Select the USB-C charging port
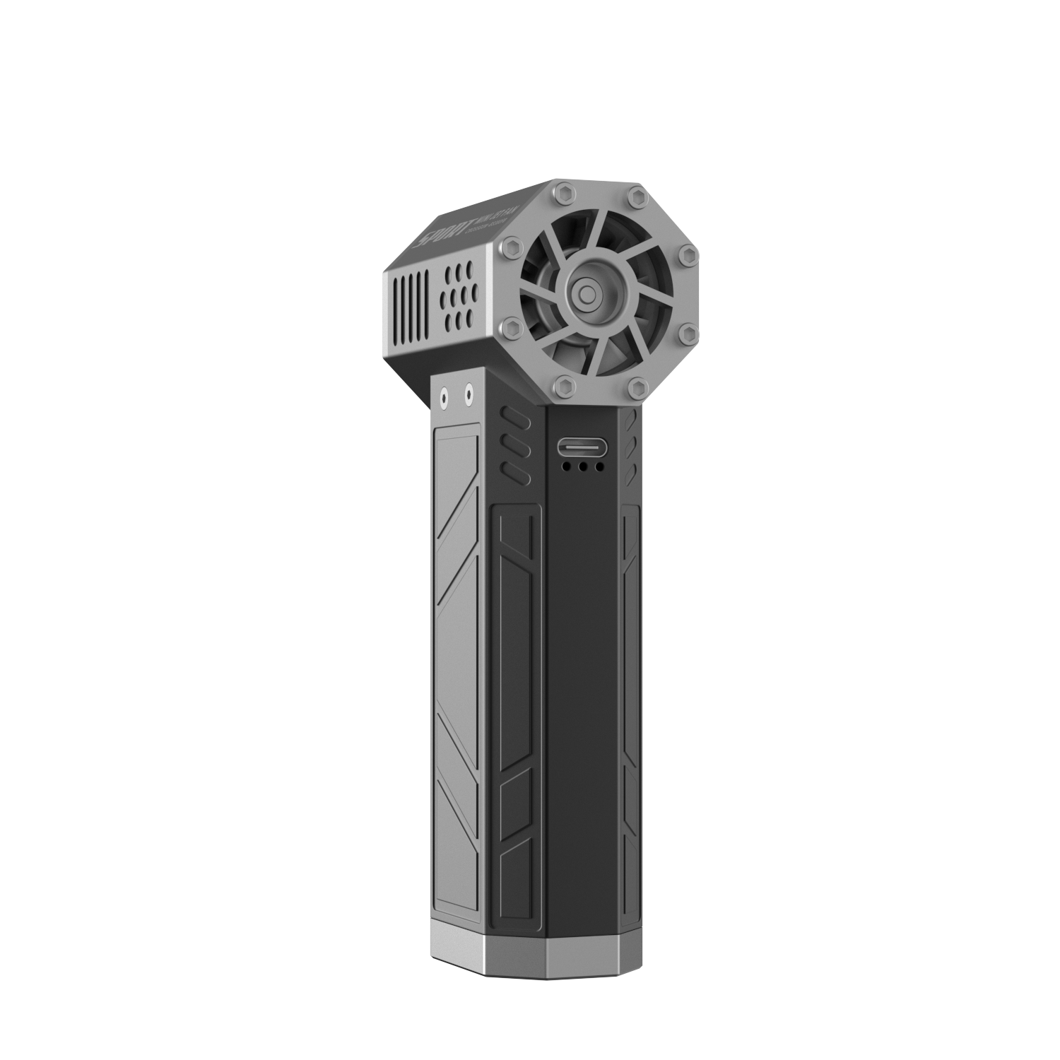coord(582,447)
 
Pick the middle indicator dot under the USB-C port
coord(582,466)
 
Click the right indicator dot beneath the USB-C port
coord(599,466)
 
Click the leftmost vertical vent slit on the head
coord(394,300)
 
